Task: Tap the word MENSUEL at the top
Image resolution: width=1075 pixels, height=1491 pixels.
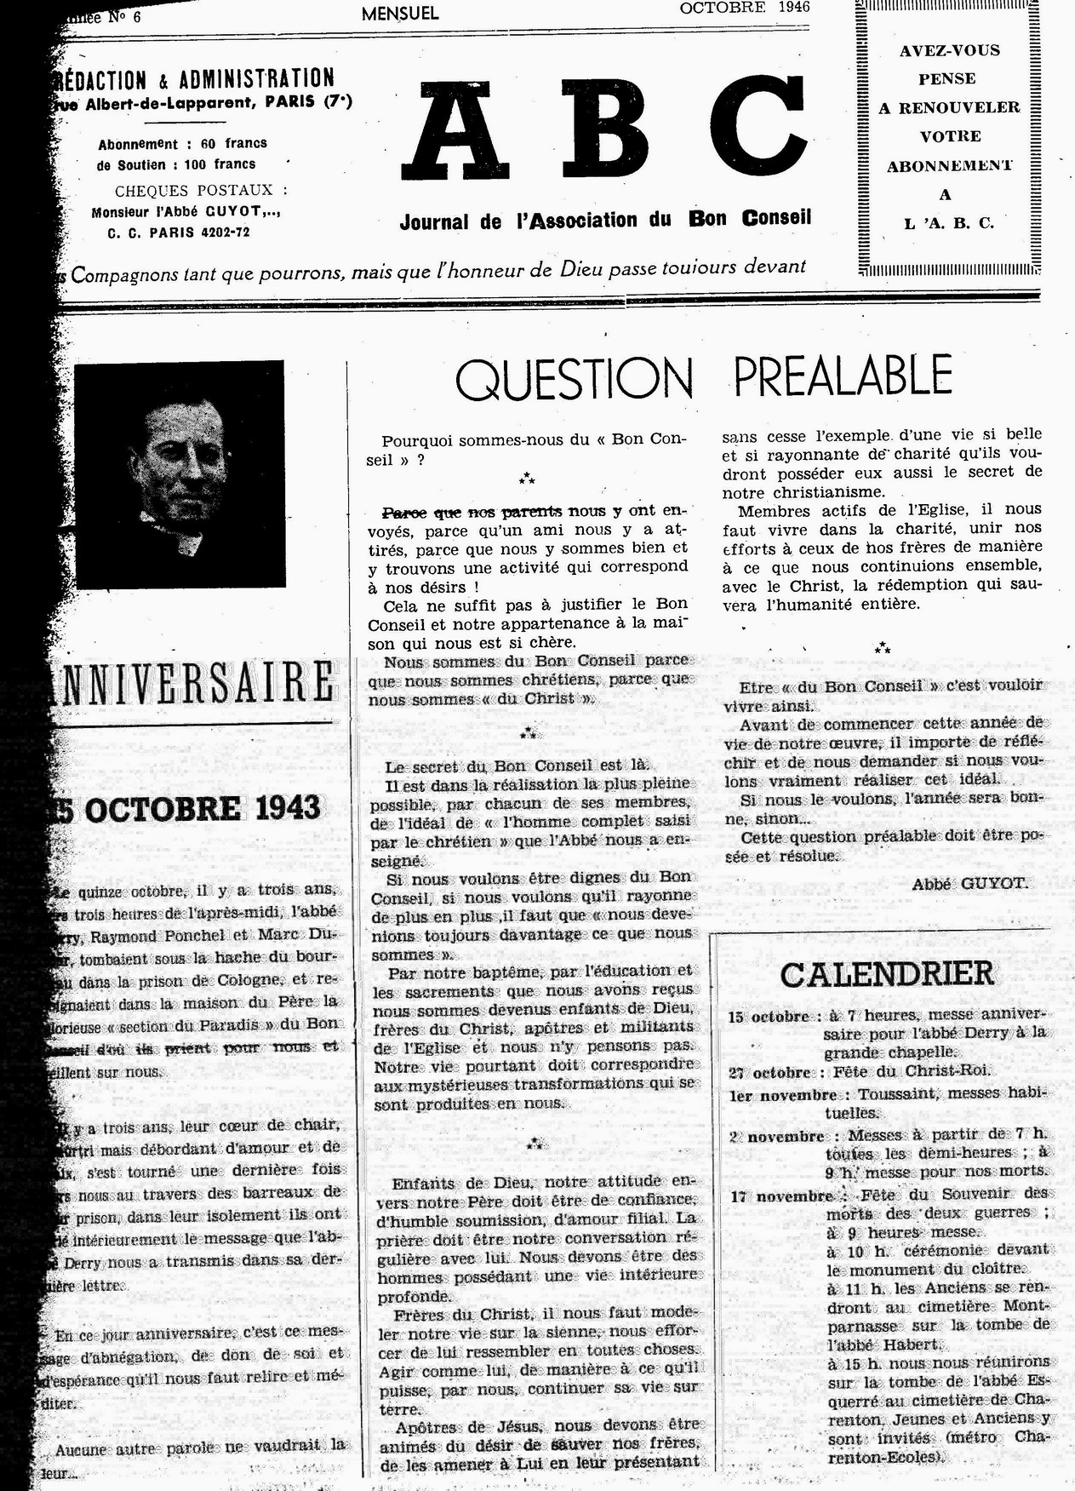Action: click(399, 14)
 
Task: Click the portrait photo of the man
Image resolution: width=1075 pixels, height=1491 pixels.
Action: click(180, 473)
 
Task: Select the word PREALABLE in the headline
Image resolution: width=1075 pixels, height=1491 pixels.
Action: click(843, 376)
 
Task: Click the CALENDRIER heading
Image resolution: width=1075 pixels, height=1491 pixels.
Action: click(886, 973)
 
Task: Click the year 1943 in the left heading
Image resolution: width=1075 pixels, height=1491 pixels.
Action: click(282, 808)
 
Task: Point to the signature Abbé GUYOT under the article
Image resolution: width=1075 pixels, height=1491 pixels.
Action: click(969, 883)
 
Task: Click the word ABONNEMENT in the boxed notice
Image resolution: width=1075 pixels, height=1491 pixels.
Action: click(949, 166)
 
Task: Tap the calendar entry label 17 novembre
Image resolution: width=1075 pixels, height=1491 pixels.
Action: click(781, 1196)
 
